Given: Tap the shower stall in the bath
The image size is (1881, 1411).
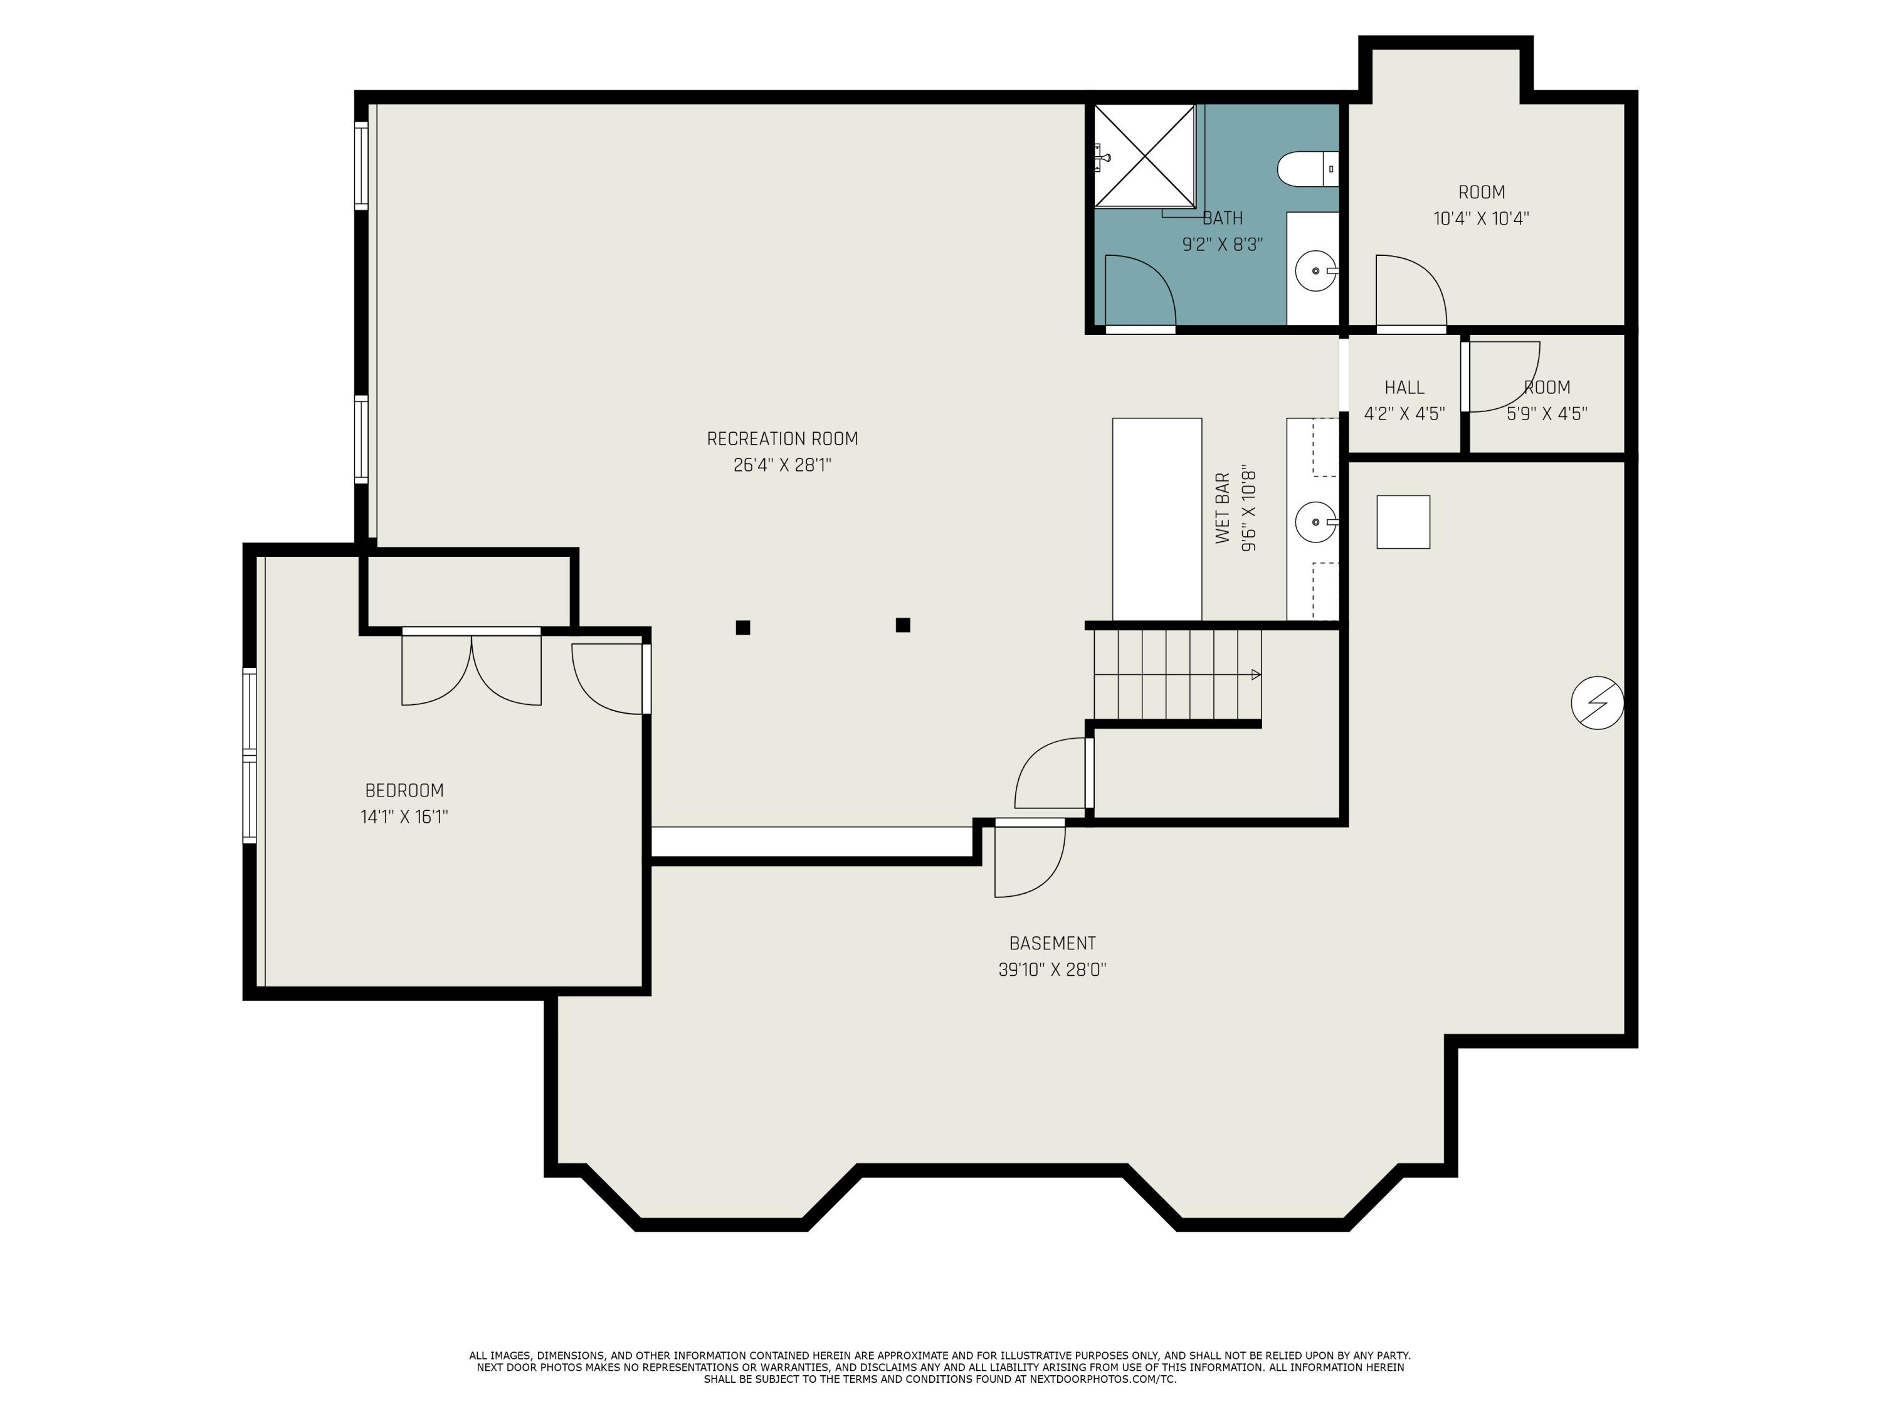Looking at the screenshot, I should pos(1144,156).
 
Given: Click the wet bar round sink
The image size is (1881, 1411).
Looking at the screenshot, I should pos(1315,521).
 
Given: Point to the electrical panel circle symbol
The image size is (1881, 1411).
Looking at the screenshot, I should pos(1597,702).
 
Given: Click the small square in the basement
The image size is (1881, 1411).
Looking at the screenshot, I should pos(1403,521).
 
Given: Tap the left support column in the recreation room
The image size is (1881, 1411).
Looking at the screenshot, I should pos(742,628).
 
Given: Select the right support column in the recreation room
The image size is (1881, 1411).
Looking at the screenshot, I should pos(903,625).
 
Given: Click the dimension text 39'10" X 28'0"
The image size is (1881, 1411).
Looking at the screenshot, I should pos(1052,970).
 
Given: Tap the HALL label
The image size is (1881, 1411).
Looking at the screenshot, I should pos(1404,388).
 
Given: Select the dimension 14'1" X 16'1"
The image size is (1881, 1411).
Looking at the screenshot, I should pos(404,817).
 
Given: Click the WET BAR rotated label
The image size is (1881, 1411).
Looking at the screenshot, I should pos(1223,508).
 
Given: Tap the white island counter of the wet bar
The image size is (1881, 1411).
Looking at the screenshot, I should pos(1156,519).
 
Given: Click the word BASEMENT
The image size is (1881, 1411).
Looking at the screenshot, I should pos(1052,943).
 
